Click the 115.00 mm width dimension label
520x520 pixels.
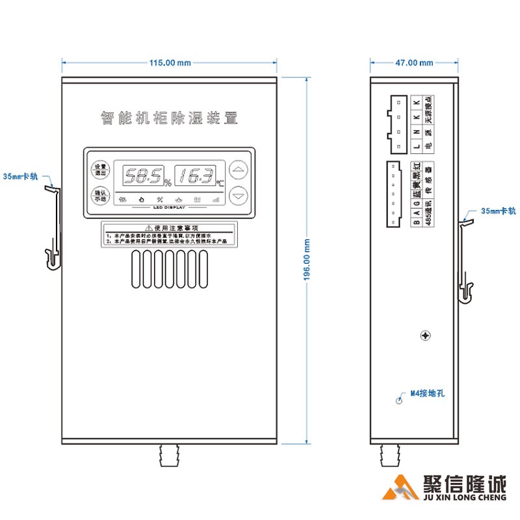[x=170, y=63]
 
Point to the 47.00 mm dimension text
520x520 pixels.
[x=415, y=63]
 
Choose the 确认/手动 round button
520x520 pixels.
[x=99, y=195]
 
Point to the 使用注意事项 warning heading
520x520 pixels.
[x=171, y=228]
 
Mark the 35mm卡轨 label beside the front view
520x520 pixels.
[x=21, y=176]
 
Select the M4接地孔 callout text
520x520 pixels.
[x=426, y=394]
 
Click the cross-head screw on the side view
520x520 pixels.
[x=425, y=336]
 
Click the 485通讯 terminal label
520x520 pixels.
[x=428, y=214]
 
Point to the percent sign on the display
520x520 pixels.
[x=167, y=183]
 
